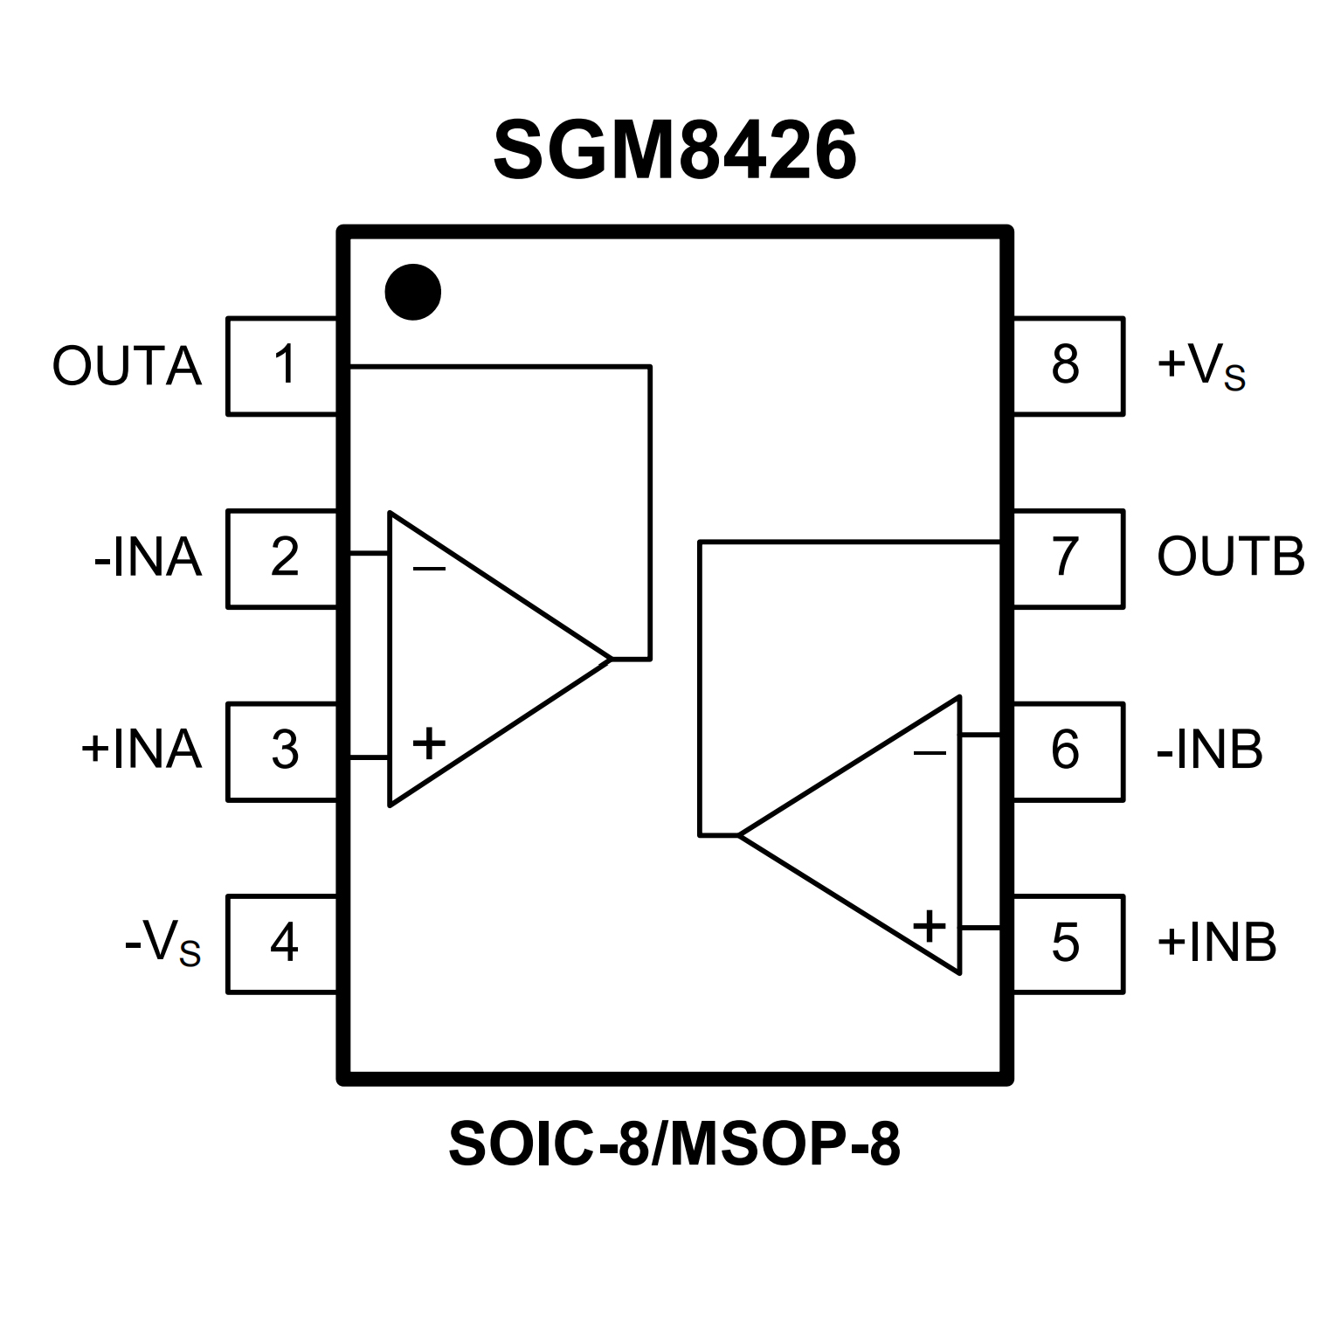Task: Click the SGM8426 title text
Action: coord(674,150)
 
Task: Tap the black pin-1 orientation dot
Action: coord(413,292)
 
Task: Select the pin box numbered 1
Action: coord(282,366)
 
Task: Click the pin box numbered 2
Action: coord(282,558)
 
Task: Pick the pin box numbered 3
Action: coord(282,751)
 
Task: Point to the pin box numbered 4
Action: coord(282,944)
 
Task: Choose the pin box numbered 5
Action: coord(1068,944)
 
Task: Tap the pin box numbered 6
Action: coord(1068,751)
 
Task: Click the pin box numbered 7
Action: coord(1068,558)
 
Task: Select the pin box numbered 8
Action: coord(1068,366)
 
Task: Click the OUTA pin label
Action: coord(128,366)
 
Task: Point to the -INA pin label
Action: coord(148,558)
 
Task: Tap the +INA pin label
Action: coord(142,751)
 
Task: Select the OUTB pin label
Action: coord(1230,558)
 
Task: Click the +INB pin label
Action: coord(1216,944)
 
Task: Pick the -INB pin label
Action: coord(1209,751)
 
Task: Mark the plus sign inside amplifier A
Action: coord(429,744)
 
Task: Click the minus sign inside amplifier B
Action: coord(930,753)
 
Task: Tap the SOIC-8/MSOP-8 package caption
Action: coord(674,1145)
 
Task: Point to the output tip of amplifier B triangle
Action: coord(740,835)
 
